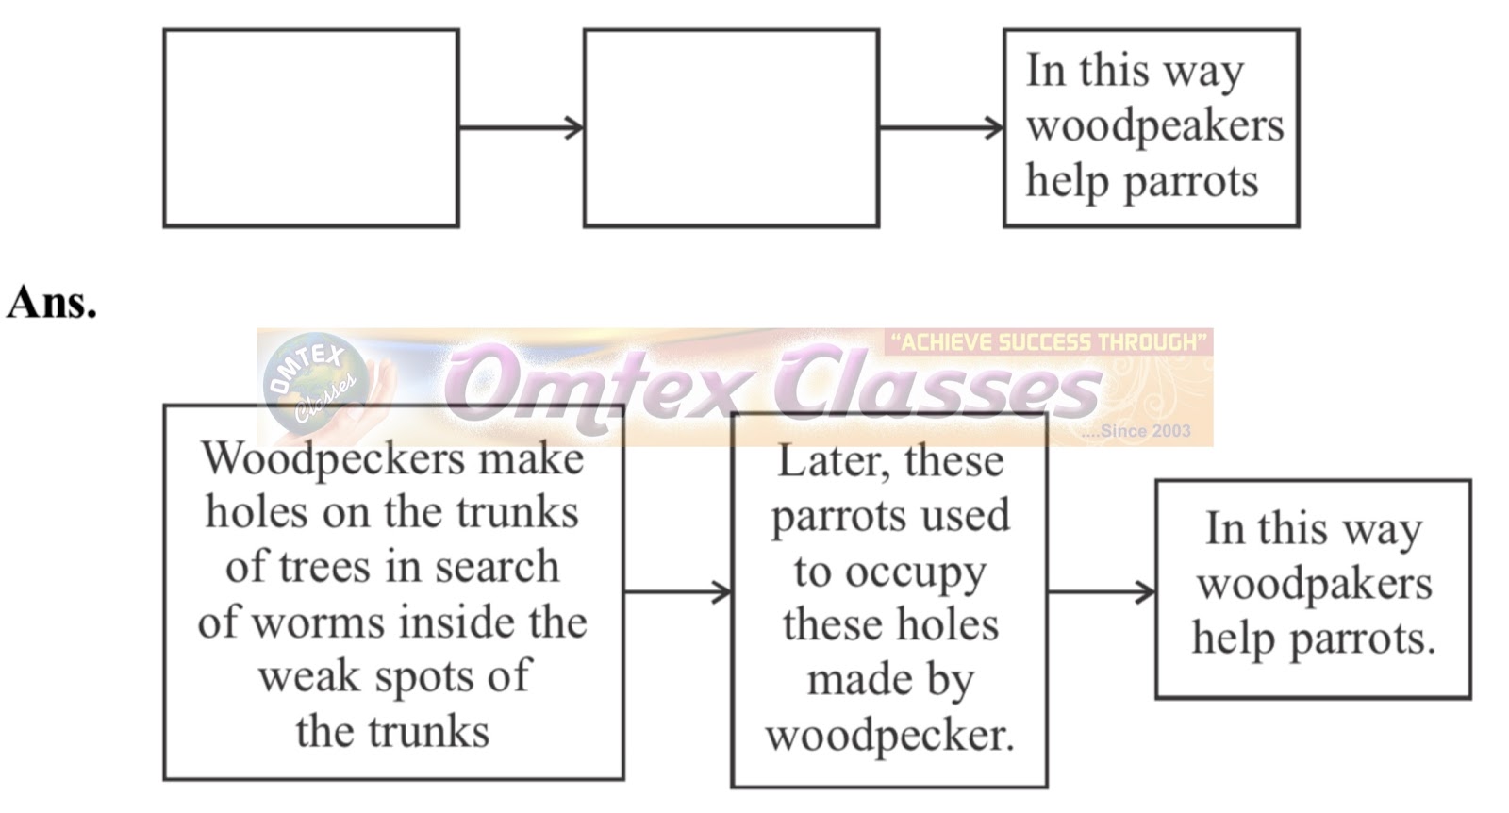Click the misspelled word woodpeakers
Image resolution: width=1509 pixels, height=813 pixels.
pos(1154,126)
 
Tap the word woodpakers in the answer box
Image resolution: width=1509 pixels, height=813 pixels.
pos(1314,585)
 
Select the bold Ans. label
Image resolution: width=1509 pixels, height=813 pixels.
pos(52,303)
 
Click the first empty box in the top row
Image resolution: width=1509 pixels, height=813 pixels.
pos(311,128)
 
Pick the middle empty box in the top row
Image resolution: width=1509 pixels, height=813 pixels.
pos(731,128)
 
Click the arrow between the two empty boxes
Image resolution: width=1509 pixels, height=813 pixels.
pos(521,128)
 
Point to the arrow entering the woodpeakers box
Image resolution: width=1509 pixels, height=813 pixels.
pos(940,128)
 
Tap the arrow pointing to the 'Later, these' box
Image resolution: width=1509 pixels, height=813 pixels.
pos(677,592)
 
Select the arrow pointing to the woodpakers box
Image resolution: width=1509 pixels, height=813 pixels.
pos(1101,592)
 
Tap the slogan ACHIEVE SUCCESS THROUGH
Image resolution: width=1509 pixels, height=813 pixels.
pos(1048,342)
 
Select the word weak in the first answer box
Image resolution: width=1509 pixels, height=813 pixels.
pos(300,676)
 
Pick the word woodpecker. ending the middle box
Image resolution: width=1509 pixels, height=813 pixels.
pos(889,736)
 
